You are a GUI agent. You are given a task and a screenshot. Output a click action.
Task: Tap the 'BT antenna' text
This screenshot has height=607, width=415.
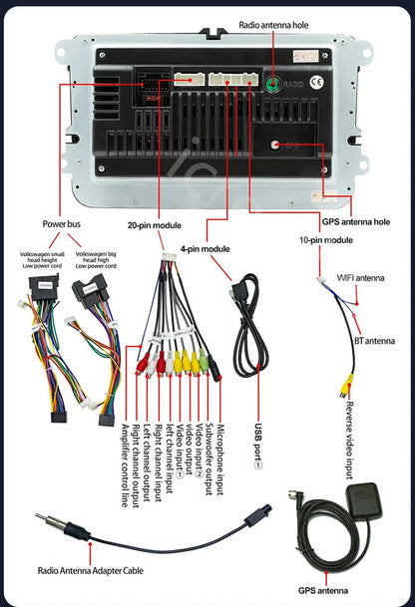click(x=374, y=340)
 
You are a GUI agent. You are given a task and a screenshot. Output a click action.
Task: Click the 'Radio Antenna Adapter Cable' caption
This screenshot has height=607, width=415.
click(x=92, y=571)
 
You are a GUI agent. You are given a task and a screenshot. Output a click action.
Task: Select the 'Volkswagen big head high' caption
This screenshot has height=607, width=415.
click(x=96, y=259)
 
